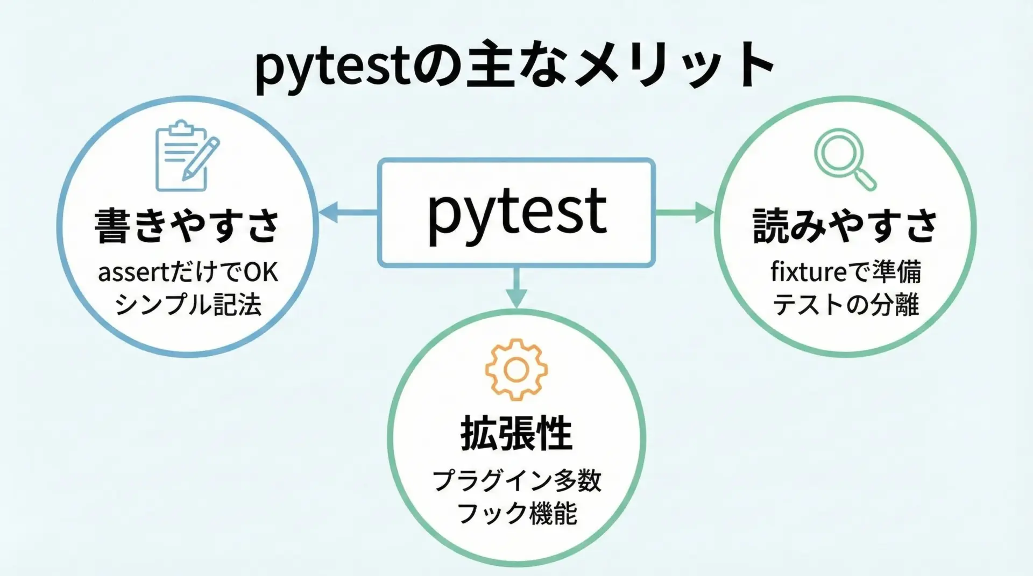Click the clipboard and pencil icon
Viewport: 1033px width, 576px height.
(x=186, y=156)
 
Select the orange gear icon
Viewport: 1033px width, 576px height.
(x=516, y=370)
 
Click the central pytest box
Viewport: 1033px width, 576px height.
(x=516, y=212)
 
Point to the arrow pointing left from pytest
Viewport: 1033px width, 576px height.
(x=347, y=212)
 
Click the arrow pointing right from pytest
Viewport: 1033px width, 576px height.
(x=685, y=212)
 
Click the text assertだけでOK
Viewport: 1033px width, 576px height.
(x=188, y=273)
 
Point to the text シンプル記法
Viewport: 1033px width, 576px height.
(x=188, y=305)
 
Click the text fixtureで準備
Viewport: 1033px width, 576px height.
(x=845, y=272)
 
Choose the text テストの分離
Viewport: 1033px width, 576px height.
(x=845, y=305)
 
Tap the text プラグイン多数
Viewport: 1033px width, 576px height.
(x=516, y=480)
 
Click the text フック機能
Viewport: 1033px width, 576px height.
(x=516, y=513)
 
